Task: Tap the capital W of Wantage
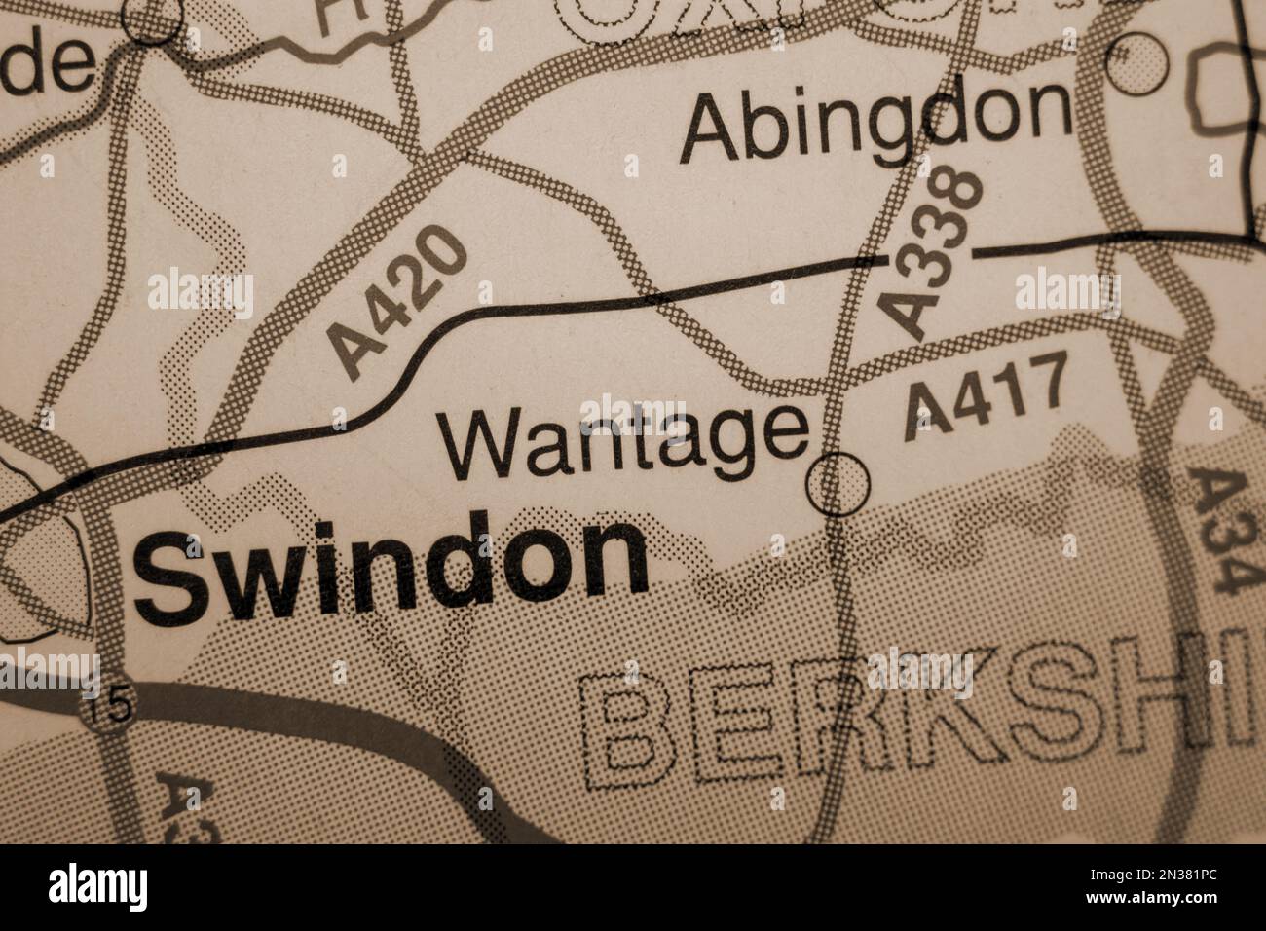(x=482, y=443)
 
